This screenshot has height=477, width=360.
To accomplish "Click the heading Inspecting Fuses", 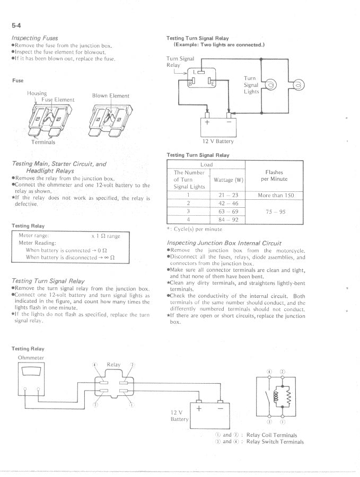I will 35,38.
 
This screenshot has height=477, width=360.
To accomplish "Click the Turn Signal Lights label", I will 251,85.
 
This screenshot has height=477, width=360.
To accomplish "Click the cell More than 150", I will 275,196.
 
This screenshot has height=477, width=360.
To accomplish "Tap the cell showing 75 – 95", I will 275,211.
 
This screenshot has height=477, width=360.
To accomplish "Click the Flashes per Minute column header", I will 275,175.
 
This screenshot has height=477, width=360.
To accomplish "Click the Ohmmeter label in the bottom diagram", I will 31,358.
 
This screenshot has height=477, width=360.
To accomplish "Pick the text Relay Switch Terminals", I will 275,441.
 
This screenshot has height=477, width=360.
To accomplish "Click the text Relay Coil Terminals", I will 272,435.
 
